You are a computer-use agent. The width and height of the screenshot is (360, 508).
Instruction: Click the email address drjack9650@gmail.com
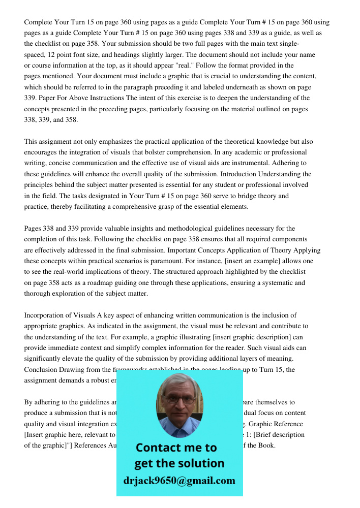pos(179,480)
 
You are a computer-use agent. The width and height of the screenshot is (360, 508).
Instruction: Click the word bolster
pos(179,152)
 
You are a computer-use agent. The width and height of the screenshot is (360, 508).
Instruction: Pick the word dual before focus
pos(251,413)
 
